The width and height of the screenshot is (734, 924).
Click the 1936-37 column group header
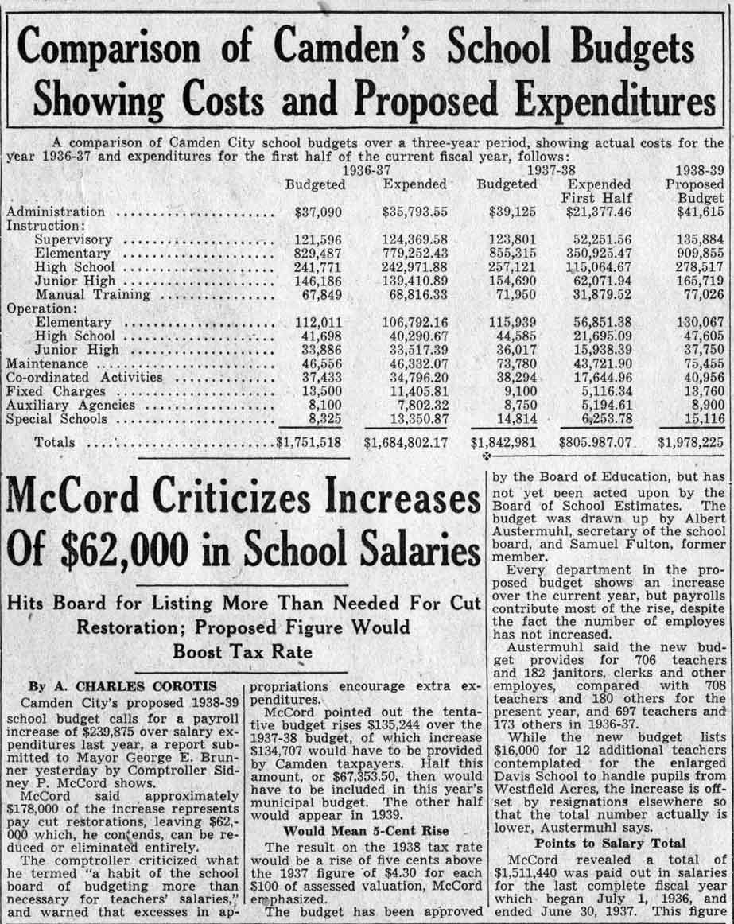366,170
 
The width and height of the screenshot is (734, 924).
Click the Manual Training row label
93,294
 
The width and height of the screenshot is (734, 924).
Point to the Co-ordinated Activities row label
84,377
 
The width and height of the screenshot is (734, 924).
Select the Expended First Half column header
598,191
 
